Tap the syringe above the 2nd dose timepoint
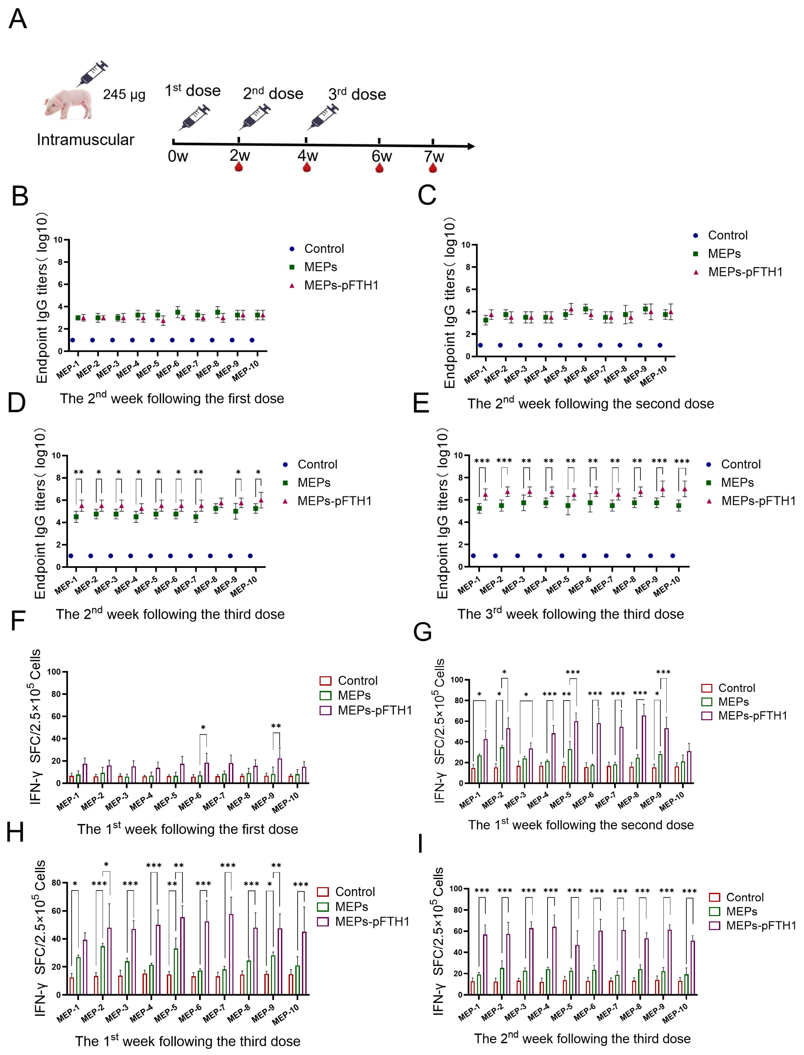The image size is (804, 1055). pos(255,117)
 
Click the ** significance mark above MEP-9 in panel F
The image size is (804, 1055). pos(276,727)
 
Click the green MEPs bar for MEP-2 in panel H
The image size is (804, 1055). pos(102,969)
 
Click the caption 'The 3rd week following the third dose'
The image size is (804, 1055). pos(570,614)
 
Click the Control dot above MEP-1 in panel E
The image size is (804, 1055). pos(473,556)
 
